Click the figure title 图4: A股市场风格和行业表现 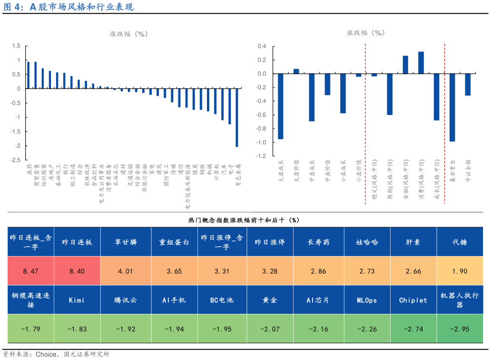coord(69,7)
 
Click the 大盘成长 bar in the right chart coord(281,106)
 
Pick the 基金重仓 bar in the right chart coord(452,108)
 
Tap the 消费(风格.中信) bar coord(421,63)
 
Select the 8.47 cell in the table coord(30,271)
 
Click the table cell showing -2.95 coord(460,329)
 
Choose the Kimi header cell coord(77,300)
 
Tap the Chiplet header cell coord(413,300)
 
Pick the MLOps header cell coord(366,300)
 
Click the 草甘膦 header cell coord(126,242)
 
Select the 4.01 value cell coord(126,271)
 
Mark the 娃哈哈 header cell coord(366,242)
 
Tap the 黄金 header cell coord(270,300)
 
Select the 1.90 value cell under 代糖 coord(460,271)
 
